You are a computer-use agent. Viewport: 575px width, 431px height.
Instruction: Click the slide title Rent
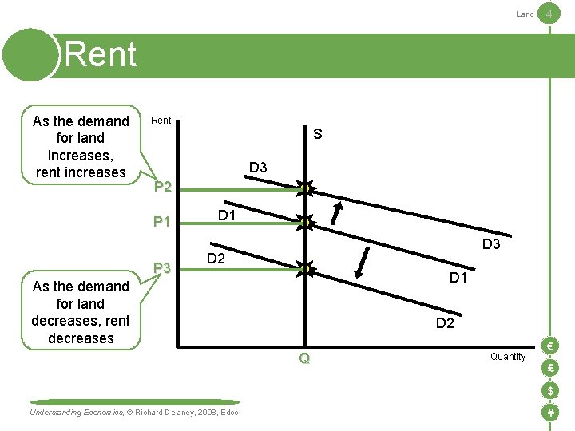pos(101,54)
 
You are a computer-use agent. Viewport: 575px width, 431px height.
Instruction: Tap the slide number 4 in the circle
pos(549,14)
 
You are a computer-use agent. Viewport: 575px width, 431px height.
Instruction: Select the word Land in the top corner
pos(525,14)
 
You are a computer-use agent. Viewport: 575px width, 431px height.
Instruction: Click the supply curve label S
pos(317,134)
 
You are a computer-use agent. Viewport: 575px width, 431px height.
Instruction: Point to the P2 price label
pos(162,188)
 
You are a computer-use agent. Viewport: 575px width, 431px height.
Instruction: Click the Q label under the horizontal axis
pos(304,359)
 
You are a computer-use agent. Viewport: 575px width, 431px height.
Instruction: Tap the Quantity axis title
pos(508,357)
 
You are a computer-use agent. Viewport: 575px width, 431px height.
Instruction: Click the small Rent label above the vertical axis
pos(161,121)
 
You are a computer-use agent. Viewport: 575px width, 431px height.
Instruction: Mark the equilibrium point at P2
pos(304,188)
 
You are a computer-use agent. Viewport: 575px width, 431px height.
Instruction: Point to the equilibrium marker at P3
pos(304,269)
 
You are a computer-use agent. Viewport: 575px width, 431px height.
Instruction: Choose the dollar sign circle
pos(549,390)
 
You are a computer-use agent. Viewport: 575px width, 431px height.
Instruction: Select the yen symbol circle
pos(549,413)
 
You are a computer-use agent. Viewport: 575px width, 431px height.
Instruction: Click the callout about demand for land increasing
pos(81,146)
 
